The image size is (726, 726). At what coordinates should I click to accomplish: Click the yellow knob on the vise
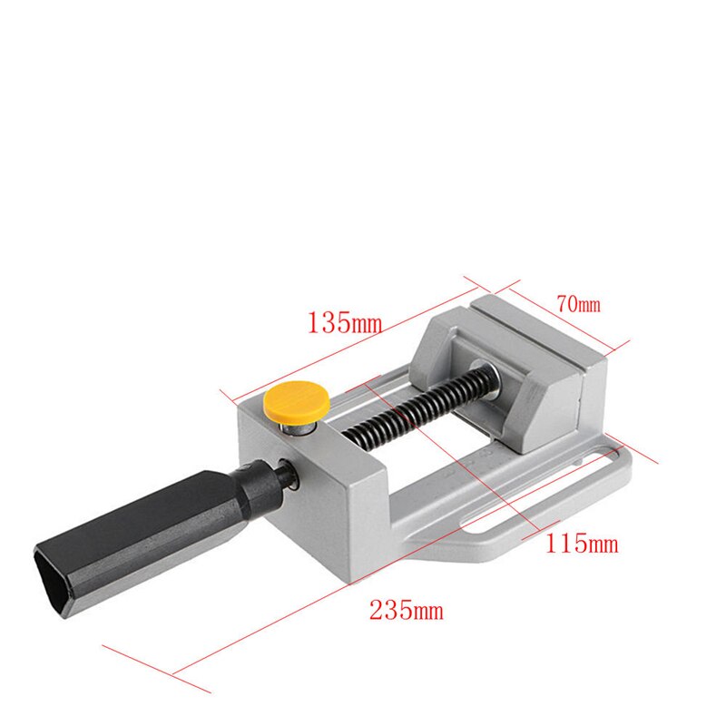pos(295,398)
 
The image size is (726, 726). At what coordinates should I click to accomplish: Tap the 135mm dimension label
pos(344,322)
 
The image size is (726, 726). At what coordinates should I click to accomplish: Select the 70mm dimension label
pos(578,305)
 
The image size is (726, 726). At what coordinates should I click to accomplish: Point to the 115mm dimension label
pos(582,544)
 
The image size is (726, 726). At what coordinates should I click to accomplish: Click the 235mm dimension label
pos(406,610)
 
